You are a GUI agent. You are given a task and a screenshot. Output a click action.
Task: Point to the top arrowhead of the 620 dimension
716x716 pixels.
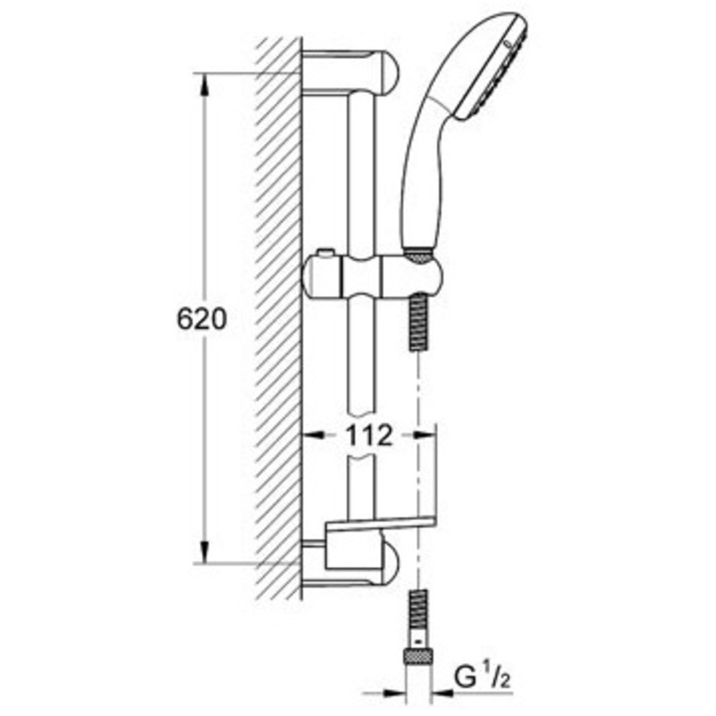click(204, 84)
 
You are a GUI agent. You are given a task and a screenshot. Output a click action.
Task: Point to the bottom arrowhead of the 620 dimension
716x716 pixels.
click(204, 552)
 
